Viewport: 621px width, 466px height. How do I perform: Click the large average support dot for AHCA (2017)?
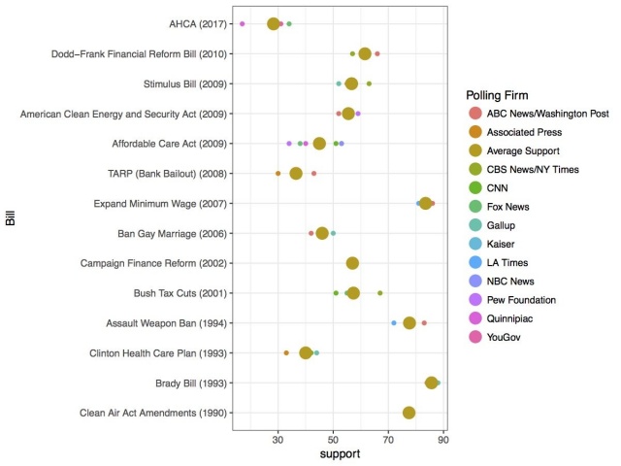pyautogui.click(x=274, y=23)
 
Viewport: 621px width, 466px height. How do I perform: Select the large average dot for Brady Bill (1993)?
pyautogui.click(x=432, y=383)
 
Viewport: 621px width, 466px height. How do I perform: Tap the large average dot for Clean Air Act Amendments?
pyautogui.click(x=409, y=413)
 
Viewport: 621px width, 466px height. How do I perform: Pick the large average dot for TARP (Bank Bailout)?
pyautogui.click(x=296, y=174)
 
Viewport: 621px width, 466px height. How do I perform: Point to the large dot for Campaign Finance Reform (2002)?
pyautogui.click(x=352, y=263)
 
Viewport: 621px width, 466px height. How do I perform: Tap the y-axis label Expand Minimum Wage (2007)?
pyautogui.click(x=160, y=204)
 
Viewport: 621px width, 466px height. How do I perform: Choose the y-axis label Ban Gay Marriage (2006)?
pyautogui.click(x=172, y=234)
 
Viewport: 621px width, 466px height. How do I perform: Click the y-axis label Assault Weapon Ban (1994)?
pyautogui.click(x=165, y=323)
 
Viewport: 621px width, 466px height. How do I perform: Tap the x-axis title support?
pyautogui.click(x=341, y=454)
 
